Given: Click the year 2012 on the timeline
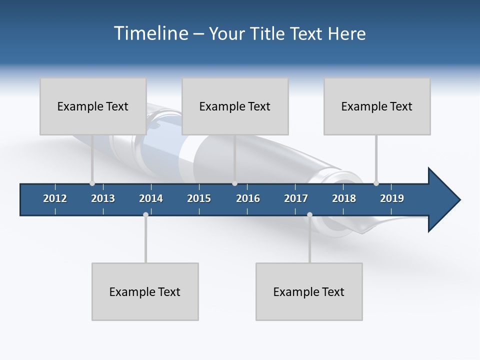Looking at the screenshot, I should click(x=55, y=198).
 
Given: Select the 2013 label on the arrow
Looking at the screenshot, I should click(x=103, y=198).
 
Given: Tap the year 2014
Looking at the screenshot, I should click(x=151, y=198).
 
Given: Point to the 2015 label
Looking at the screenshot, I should click(x=199, y=198).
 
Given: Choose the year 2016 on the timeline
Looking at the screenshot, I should click(x=248, y=198).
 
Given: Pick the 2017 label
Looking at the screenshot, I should click(x=296, y=198).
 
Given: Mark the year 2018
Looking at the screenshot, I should click(x=344, y=198).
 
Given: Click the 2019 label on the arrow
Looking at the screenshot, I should click(x=392, y=198).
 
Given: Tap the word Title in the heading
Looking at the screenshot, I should click(x=267, y=33).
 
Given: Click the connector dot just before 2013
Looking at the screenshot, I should click(x=92, y=183).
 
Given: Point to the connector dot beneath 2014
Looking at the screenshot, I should click(x=145, y=215).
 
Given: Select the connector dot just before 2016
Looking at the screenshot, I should click(x=234, y=183).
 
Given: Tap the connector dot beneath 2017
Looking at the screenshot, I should click(x=309, y=215).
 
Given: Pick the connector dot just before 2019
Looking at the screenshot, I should click(x=376, y=183).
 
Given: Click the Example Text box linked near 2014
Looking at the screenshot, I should click(x=145, y=291).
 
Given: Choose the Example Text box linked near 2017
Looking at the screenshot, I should click(x=309, y=291).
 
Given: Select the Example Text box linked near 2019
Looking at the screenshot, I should click(x=377, y=106).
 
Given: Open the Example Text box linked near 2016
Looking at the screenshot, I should click(x=235, y=106).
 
